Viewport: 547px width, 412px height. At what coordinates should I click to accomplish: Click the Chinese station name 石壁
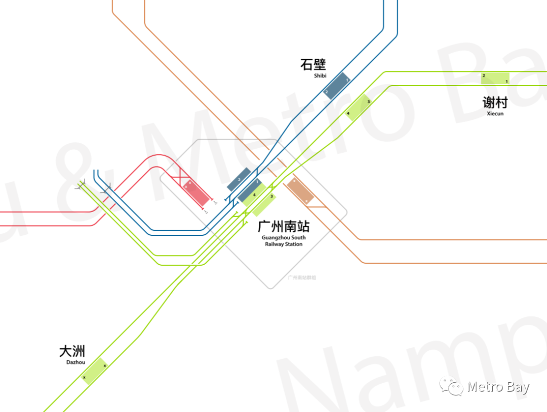(313, 64)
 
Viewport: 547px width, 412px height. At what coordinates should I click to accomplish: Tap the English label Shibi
(320, 76)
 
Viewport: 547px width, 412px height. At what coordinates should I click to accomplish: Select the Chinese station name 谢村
(494, 102)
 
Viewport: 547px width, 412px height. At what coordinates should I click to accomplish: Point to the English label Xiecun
(495, 114)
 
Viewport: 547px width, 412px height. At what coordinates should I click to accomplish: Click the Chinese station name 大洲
(72, 351)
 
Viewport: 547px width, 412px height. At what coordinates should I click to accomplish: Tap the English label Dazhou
(75, 362)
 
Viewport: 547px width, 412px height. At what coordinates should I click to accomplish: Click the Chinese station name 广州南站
(283, 226)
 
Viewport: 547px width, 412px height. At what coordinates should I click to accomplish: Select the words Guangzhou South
(284, 237)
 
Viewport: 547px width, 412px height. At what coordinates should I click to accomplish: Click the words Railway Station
(284, 244)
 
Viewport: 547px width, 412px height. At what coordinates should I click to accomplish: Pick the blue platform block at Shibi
(337, 86)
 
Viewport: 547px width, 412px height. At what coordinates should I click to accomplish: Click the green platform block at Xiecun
(495, 78)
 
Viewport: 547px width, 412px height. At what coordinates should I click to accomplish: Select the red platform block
(196, 192)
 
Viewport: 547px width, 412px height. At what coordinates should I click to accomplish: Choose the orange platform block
(300, 191)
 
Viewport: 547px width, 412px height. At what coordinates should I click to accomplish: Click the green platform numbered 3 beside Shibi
(358, 107)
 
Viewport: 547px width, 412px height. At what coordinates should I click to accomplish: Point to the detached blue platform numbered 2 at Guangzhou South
(239, 179)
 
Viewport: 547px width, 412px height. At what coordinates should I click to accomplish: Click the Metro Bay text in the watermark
(498, 387)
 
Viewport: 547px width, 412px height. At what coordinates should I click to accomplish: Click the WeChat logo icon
(451, 387)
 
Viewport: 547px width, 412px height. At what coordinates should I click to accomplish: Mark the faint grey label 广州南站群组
(301, 277)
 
